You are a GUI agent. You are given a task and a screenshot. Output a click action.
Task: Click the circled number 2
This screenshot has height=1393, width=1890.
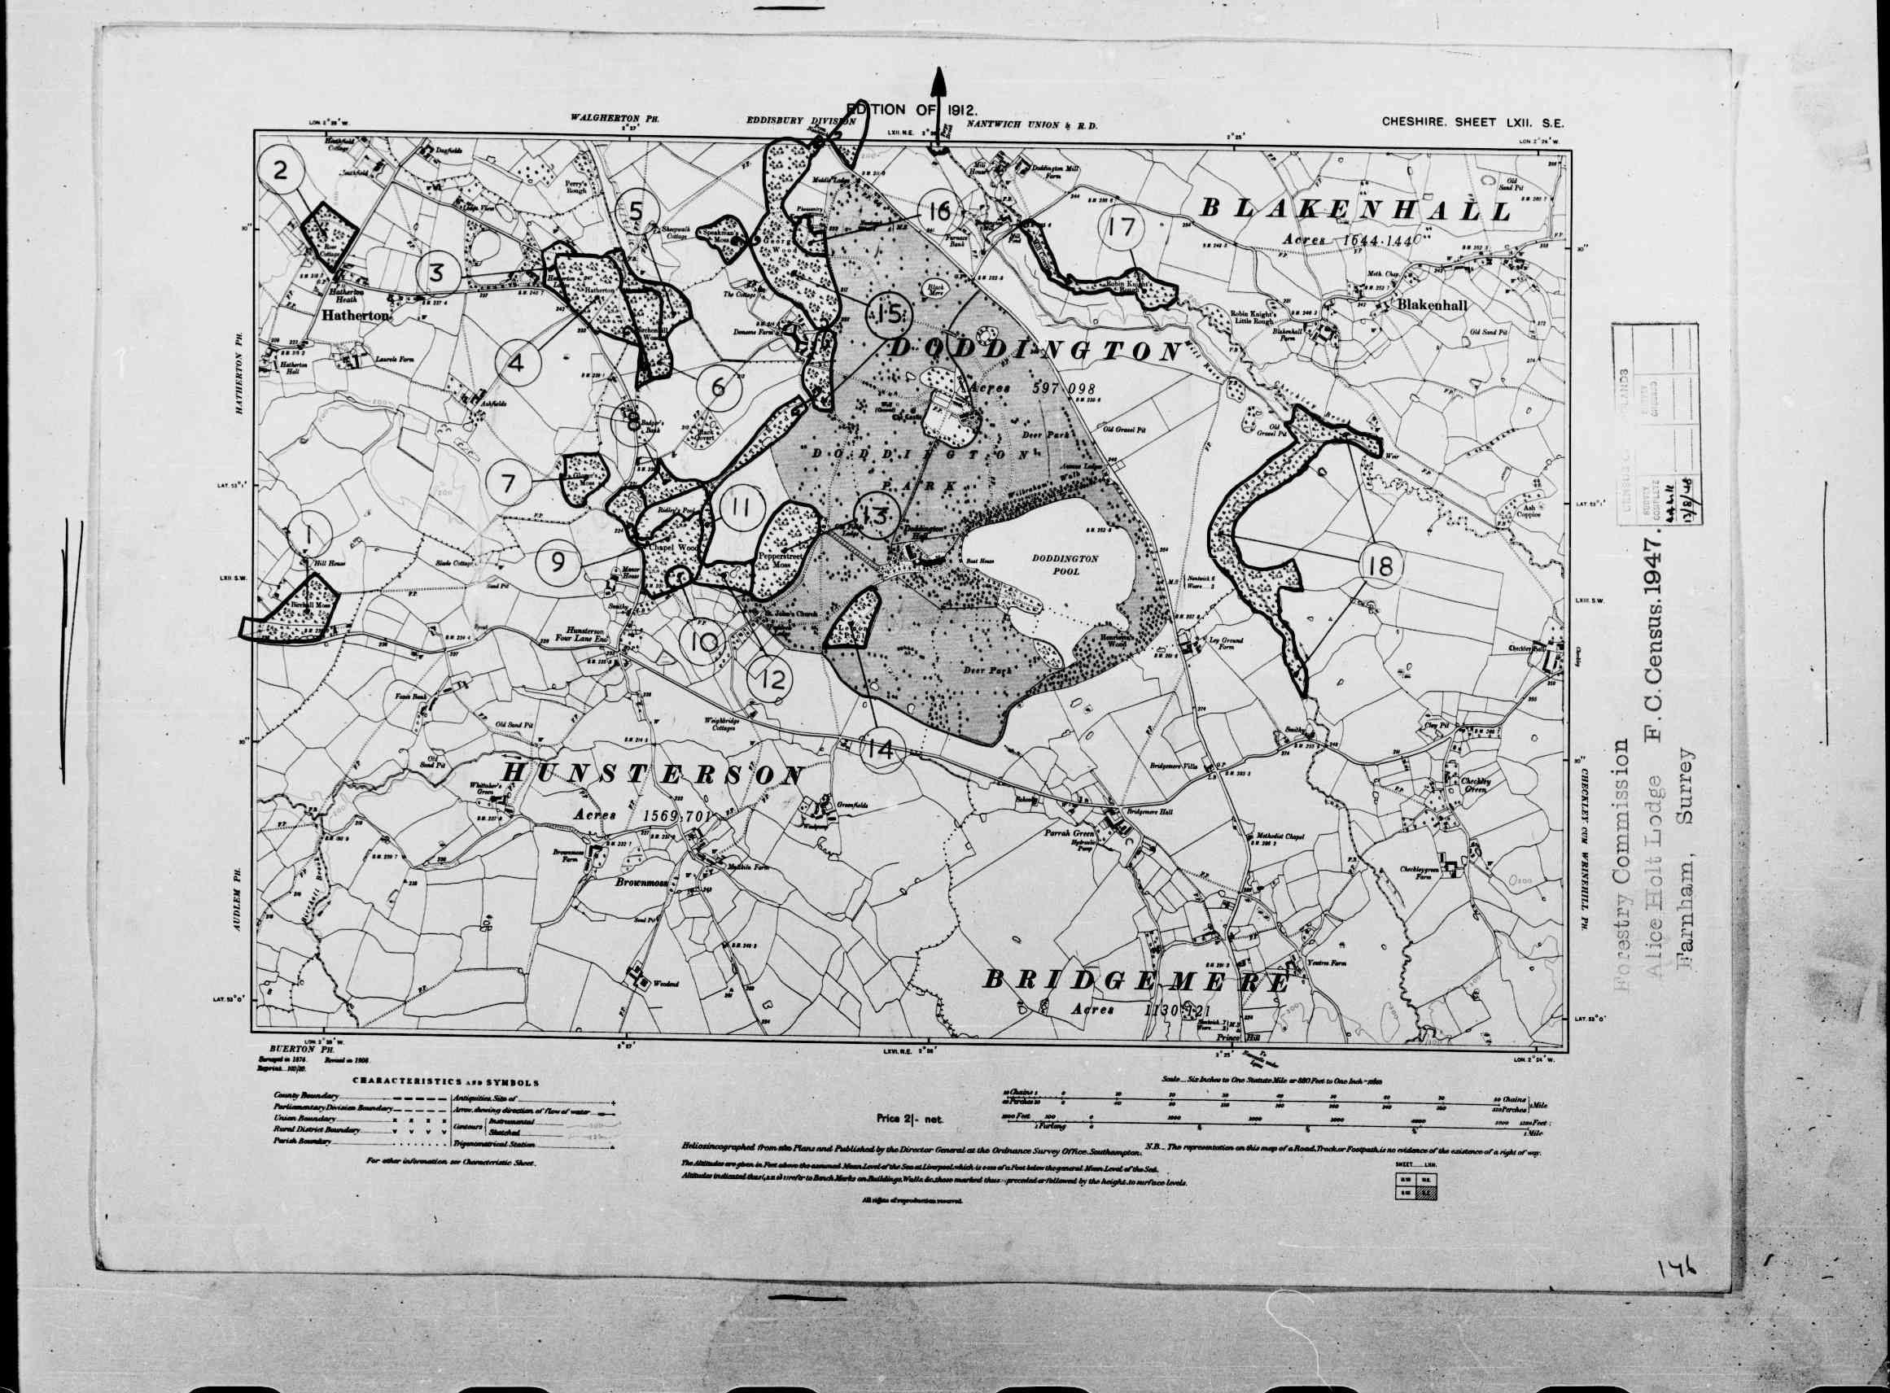[x=281, y=171]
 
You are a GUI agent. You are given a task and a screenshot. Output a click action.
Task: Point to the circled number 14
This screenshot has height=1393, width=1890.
[x=883, y=748]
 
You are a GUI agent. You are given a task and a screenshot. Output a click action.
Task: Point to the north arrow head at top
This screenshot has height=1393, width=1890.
[x=938, y=85]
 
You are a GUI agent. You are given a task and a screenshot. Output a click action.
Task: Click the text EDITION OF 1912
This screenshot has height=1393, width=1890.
[x=912, y=110]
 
